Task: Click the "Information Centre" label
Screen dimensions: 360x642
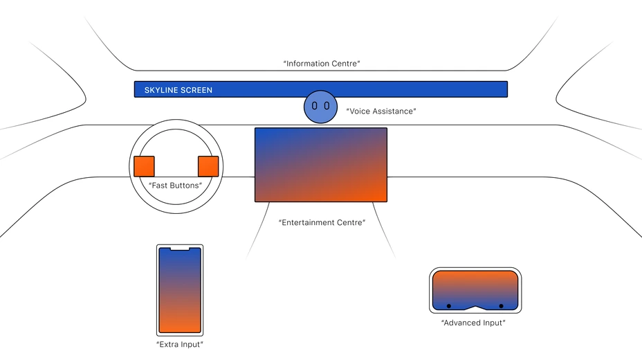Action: pyautogui.click(x=322, y=64)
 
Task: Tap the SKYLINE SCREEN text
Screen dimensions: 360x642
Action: pyautogui.click(x=178, y=90)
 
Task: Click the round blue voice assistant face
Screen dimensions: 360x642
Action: pyautogui.click(x=320, y=107)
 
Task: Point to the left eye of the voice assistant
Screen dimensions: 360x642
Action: pyautogui.click(x=315, y=107)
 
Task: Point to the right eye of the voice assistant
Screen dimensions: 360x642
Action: pyautogui.click(x=326, y=107)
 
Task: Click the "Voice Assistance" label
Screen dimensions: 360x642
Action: pyautogui.click(x=382, y=111)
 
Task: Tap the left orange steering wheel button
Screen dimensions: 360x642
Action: pyautogui.click(x=144, y=166)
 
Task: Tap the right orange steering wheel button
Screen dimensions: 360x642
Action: pyautogui.click(x=208, y=166)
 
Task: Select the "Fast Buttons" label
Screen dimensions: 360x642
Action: pyautogui.click(x=175, y=186)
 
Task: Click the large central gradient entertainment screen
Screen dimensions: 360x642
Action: pyautogui.click(x=320, y=165)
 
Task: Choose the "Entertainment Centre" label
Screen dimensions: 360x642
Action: pyautogui.click(x=322, y=223)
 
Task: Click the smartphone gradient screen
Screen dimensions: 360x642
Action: pyautogui.click(x=180, y=291)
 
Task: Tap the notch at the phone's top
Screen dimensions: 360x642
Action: pyautogui.click(x=180, y=248)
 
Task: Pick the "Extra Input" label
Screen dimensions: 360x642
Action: pyautogui.click(x=180, y=344)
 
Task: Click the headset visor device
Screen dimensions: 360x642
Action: pyautogui.click(x=475, y=290)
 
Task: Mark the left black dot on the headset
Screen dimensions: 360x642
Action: pyautogui.click(x=449, y=305)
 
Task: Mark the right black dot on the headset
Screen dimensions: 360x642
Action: pyautogui.click(x=501, y=305)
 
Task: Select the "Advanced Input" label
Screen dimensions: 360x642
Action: pyautogui.click(x=473, y=323)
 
